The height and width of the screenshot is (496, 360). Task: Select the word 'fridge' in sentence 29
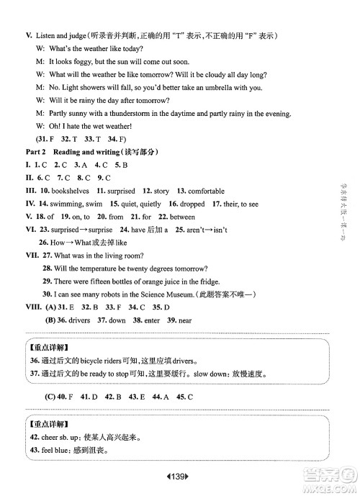coord(204,281)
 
